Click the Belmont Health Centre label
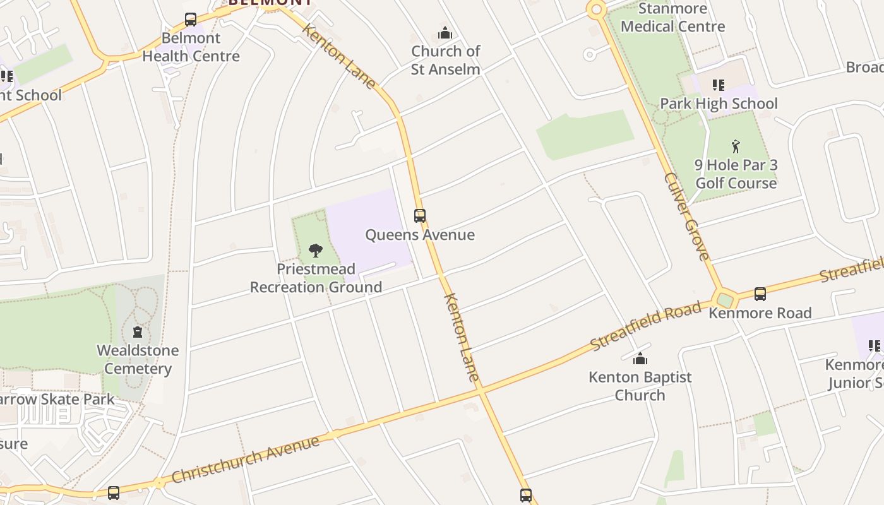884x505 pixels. (x=191, y=47)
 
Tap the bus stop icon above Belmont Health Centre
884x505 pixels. (x=191, y=20)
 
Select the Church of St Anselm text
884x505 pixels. (x=445, y=61)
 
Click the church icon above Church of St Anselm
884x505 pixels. (x=445, y=33)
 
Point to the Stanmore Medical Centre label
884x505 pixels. (x=672, y=18)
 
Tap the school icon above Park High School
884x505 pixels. (x=718, y=85)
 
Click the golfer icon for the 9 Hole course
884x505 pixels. (x=736, y=146)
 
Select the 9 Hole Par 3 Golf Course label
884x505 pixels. (x=736, y=174)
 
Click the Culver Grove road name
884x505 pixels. (x=687, y=216)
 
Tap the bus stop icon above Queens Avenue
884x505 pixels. (x=420, y=216)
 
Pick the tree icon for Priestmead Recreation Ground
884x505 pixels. (x=316, y=251)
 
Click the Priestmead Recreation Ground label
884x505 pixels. (x=316, y=278)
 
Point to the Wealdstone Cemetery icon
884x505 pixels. (x=138, y=332)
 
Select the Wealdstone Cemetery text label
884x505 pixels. (x=138, y=359)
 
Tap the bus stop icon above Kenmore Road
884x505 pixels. (x=760, y=294)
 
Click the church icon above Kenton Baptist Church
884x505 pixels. (x=640, y=359)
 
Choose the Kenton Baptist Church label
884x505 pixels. (x=640, y=386)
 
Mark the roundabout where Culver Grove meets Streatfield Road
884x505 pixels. (x=724, y=299)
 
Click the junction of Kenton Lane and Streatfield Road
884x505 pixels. (x=481, y=391)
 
